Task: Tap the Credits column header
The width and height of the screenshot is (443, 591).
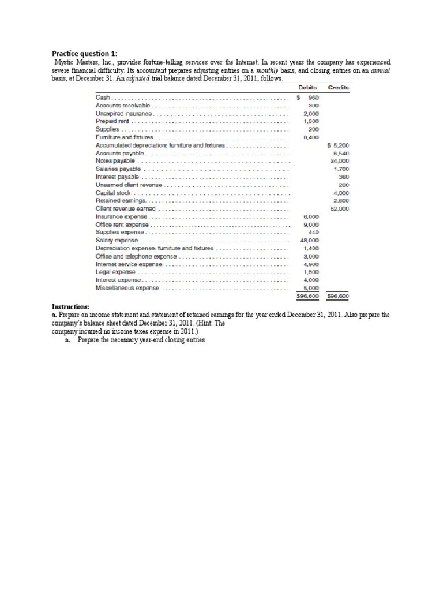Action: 339,88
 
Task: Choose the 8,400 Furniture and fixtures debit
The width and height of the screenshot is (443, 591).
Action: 311,137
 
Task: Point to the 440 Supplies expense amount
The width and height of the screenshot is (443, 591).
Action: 314,232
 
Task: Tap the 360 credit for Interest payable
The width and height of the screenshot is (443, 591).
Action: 344,177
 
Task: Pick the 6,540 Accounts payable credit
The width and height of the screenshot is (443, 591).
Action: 341,154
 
